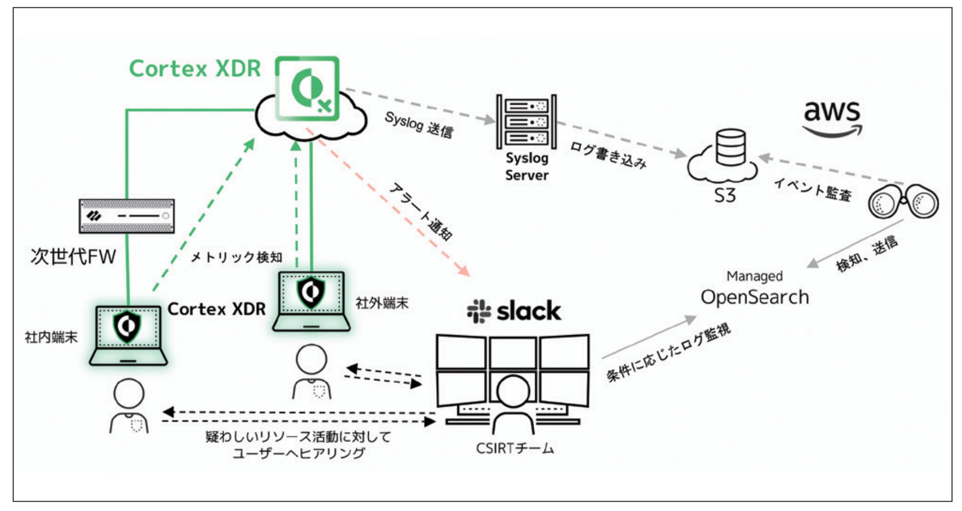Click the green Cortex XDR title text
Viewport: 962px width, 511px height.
pyautogui.click(x=195, y=68)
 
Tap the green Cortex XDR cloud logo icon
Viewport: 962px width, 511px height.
pyautogui.click(x=308, y=89)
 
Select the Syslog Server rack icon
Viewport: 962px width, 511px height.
pyautogui.click(x=526, y=122)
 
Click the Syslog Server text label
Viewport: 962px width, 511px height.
pyautogui.click(x=526, y=166)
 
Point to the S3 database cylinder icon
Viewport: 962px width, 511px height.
pyautogui.click(x=730, y=148)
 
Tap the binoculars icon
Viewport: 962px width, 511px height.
pyautogui.click(x=903, y=202)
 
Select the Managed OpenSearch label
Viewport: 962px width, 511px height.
pyautogui.click(x=754, y=290)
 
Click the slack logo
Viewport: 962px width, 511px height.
pyautogui.click(x=514, y=311)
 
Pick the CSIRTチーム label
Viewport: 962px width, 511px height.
pyautogui.click(x=515, y=449)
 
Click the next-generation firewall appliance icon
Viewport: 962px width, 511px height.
pyautogui.click(x=126, y=216)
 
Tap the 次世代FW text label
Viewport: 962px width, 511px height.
pyautogui.click(x=73, y=257)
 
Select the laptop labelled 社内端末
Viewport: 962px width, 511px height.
pyautogui.click(x=128, y=336)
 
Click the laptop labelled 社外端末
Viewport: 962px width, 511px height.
pyautogui.click(x=311, y=301)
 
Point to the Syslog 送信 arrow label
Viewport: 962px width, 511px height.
pyautogui.click(x=419, y=125)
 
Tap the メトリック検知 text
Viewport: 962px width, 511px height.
pyautogui.click(x=236, y=257)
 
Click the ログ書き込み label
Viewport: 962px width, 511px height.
pyautogui.click(x=608, y=155)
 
